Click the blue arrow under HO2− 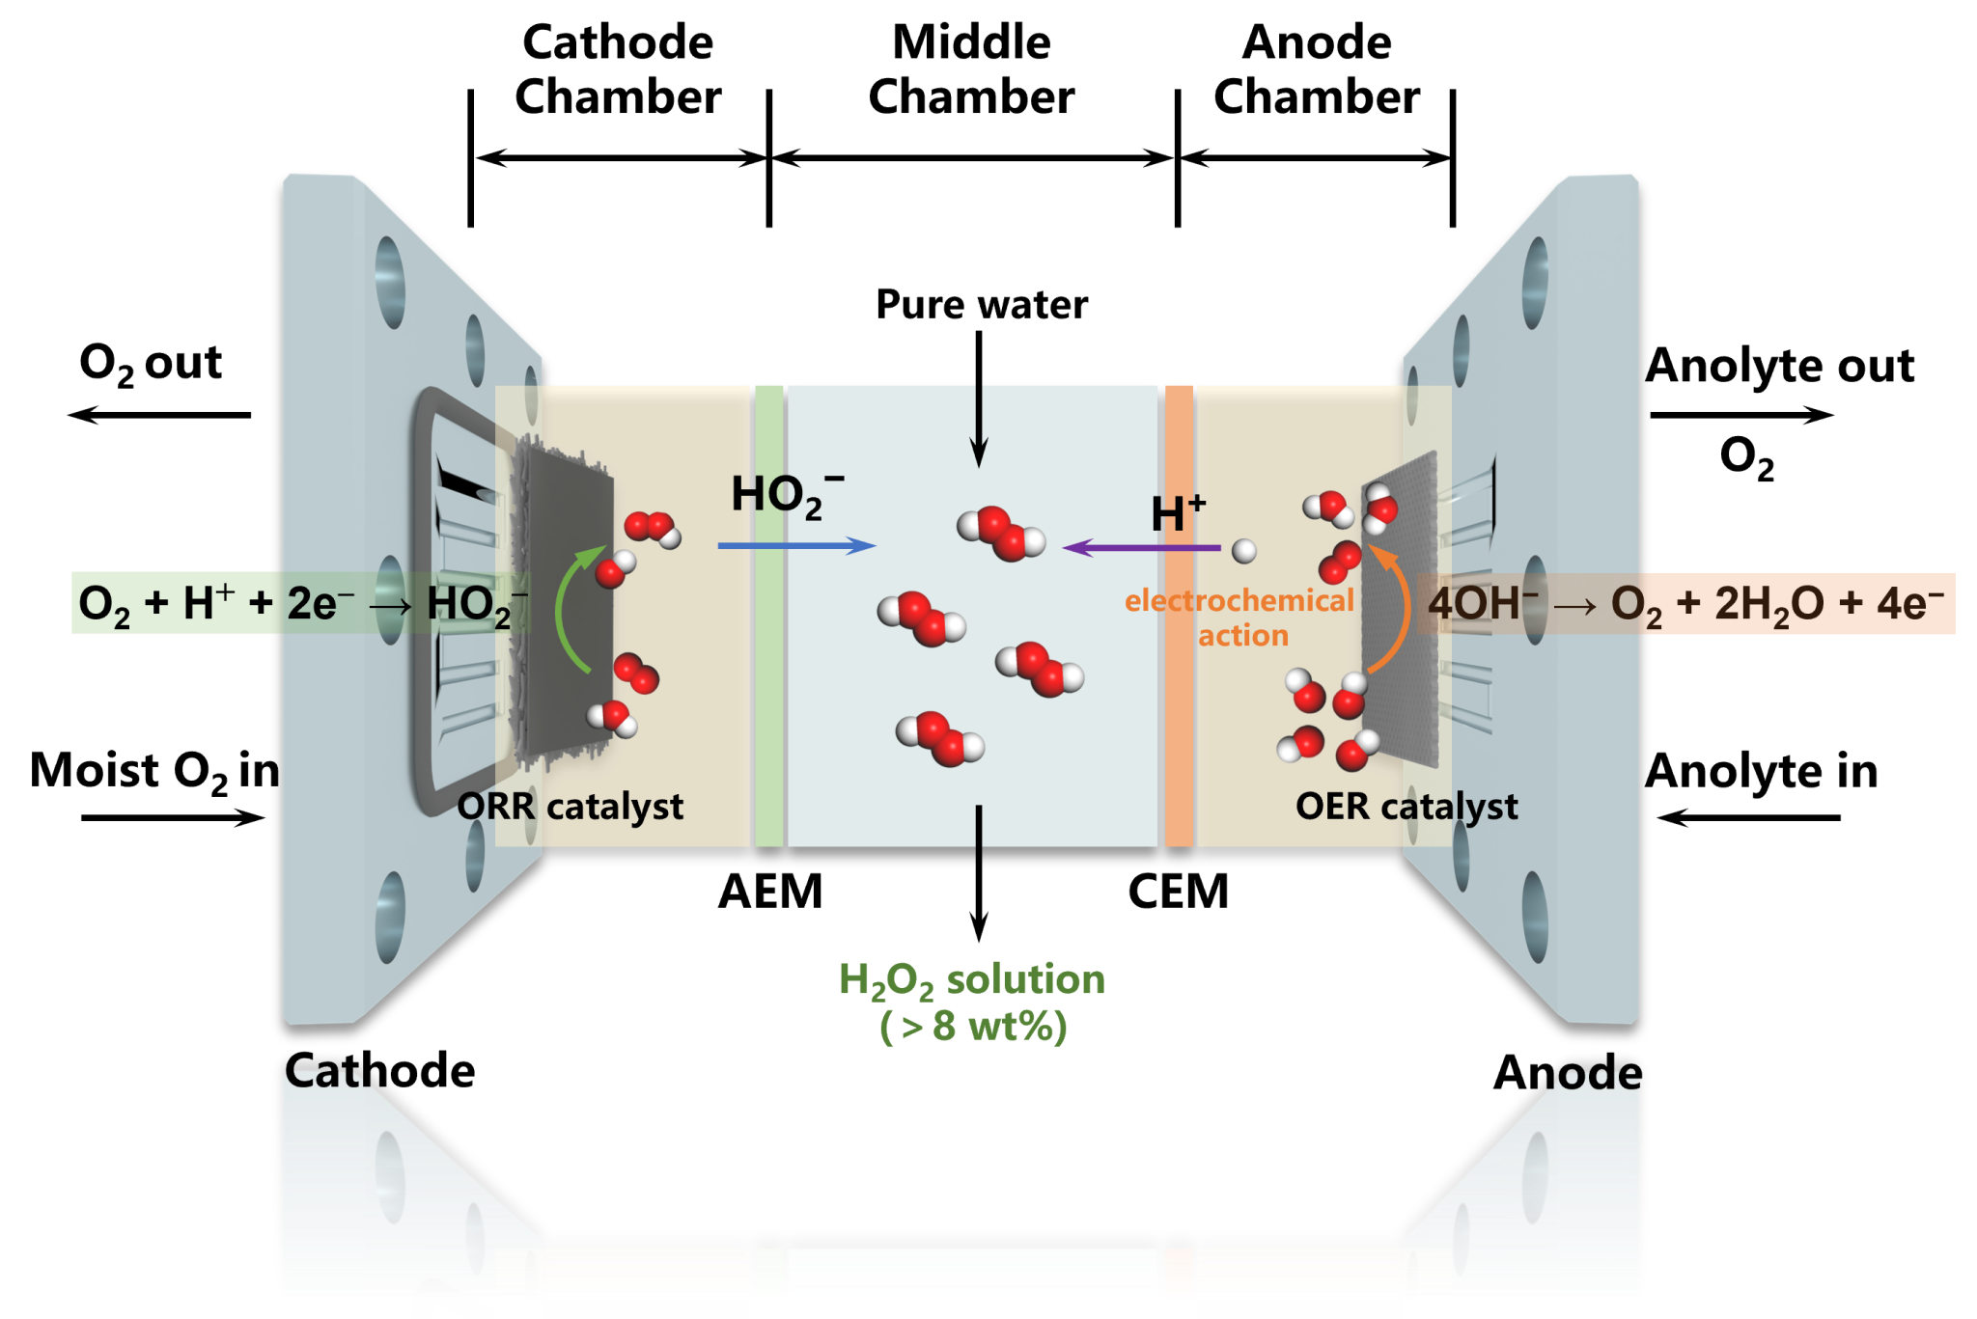click(796, 546)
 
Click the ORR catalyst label click(571, 807)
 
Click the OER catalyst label click(1406, 807)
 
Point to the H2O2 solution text click(972, 980)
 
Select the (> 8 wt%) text click(973, 1027)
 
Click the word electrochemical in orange click(1239, 601)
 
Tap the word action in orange click(1243, 636)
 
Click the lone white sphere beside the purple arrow click(1244, 551)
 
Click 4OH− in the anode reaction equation click(1482, 604)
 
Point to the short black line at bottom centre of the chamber click(979, 826)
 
